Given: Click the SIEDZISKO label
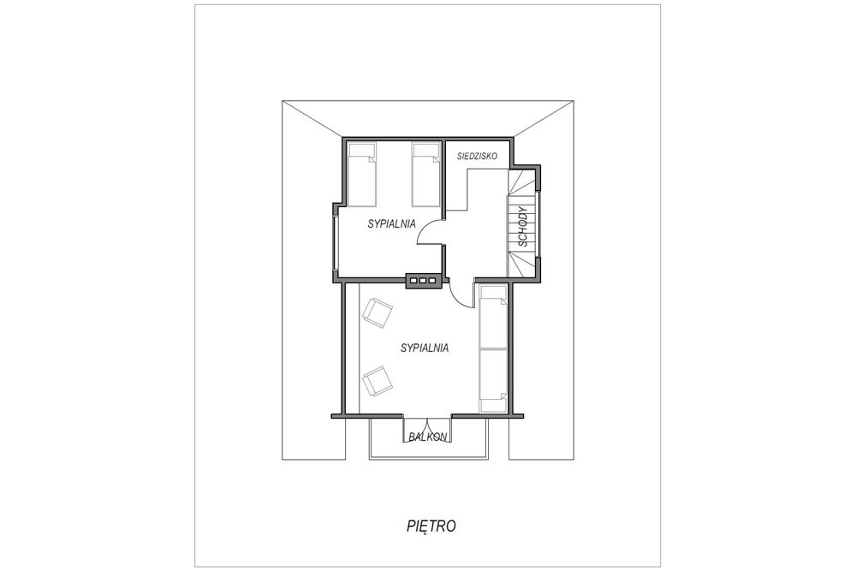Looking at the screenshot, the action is pyautogui.click(x=477, y=156).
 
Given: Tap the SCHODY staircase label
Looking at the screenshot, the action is pyautogui.click(x=523, y=227).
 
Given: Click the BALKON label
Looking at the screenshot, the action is pyautogui.click(x=428, y=437).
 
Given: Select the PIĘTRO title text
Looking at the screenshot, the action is pyautogui.click(x=431, y=526).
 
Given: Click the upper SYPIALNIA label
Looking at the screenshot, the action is pyautogui.click(x=391, y=223).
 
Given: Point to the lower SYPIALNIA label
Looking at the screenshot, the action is pyautogui.click(x=425, y=348).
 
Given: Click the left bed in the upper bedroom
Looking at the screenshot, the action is pyautogui.click(x=362, y=175).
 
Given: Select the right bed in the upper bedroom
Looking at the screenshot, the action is pyautogui.click(x=425, y=175).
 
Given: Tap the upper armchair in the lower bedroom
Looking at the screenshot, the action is pyautogui.click(x=377, y=312).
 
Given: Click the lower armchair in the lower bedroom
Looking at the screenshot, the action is pyautogui.click(x=377, y=381).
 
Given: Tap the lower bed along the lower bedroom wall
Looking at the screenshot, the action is pyautogui.click(x=494, y=380).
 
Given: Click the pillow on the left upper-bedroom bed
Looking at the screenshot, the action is pyautogui.click(x=362, y=152).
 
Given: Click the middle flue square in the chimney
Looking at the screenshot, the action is pyautogui.click(x=423, y=281).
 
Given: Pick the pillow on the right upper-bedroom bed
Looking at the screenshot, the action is pyautogui.click(x=425, y=152).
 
